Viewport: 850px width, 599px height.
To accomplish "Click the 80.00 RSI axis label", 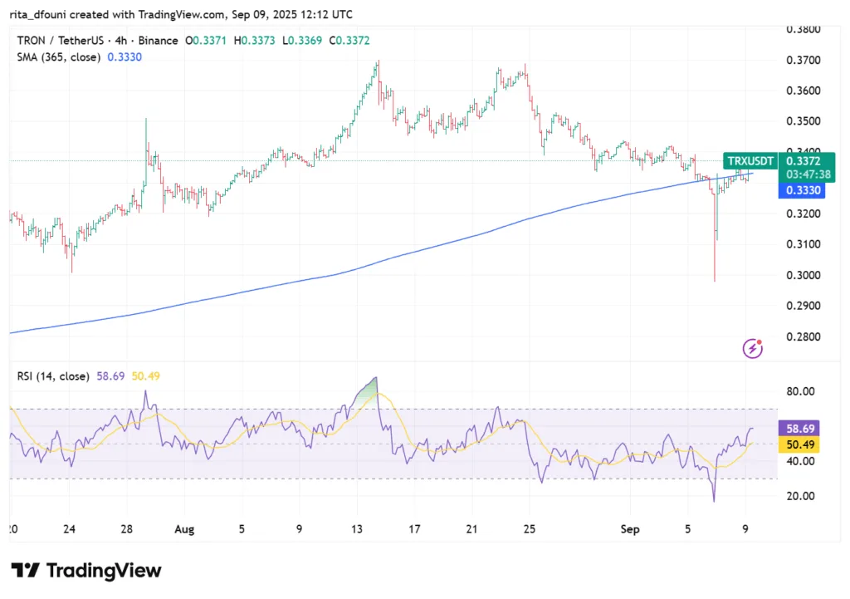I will pyautogui.click(x=803, y=391).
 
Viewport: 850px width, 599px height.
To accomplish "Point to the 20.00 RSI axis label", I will pyautogui.click(x=803, y=496).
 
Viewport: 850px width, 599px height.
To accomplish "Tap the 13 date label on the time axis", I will pyautogui.click(x=356, y=528).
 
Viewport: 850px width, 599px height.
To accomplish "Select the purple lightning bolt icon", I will pyautogui.click(x=753, y=349).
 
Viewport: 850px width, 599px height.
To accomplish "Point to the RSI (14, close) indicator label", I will pyautogui.click(x=53, y=376).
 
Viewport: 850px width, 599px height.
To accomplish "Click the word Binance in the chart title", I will pyautogui.click(x=158, y=41).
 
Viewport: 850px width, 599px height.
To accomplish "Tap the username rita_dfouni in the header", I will pyautogui.click(x=42, y=15).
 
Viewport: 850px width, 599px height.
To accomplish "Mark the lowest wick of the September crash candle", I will pyautogui.click(x=715, y=280).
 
